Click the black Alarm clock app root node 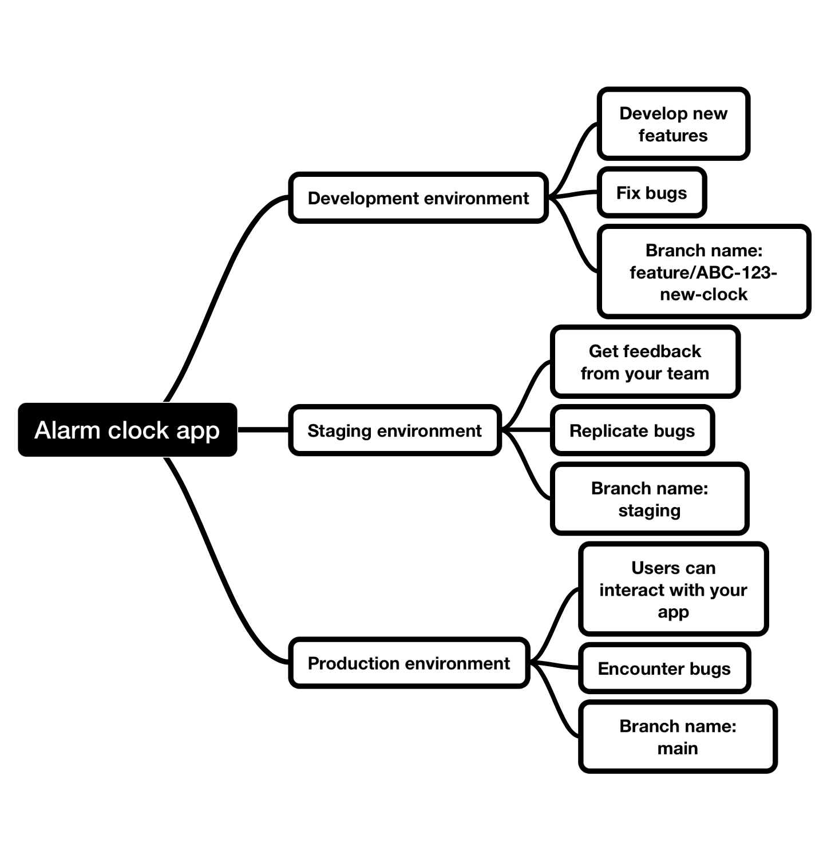pyautogui.click(x=127, y=430)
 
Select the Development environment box pyautogui.click(x=418, y=198)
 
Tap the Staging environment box pyautogui.click(x=395, y=430)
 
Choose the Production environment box pyautogui.click(x=409, y=663)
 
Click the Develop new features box pyautogui.click(x=673, y=124)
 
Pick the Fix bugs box pyautogui.click(x=651, y=193)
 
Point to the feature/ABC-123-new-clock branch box pyautogui.click(x=703, y=272)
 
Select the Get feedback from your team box pyautogui.click(x=645, y=362)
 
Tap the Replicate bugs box pyautogui.click(x=632, y=430)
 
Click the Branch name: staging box pyautogui.click(x=650, y=499)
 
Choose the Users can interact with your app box pyautogui.click(x=673, y=589)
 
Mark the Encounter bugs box pyautogui.click(x=664, y=668)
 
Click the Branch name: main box pyautogui.click(x=678, y=737)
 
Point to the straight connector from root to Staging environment pyautogui.click(x=263, y=429)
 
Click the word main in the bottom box pyautogui.click(x=678, y=749)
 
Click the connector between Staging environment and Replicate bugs pyautogui.click(x=527, y=429)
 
